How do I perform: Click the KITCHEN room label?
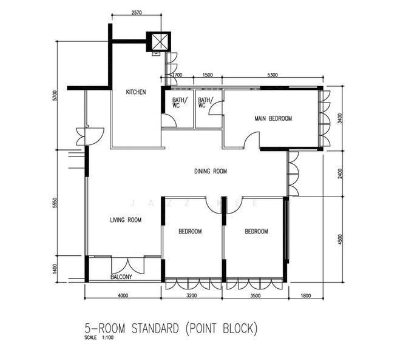135,92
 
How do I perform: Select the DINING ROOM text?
210,172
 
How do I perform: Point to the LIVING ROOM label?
126,220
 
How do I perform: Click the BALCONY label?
121,277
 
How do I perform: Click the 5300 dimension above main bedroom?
272,75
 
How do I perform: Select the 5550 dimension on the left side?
54,201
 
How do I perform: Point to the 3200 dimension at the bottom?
192,296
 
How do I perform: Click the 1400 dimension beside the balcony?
54,268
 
